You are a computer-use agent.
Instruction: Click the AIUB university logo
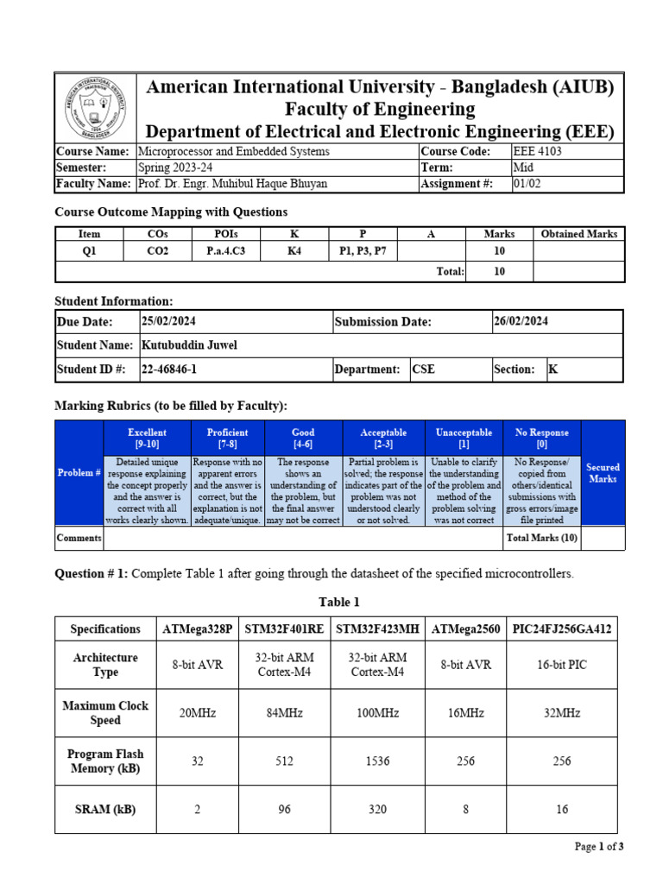[x=95, y=108]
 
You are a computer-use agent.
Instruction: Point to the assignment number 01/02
[x=526, y=184]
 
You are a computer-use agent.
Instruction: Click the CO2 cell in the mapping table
[x=158, y=251]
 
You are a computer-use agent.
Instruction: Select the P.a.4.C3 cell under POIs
[x=226, y=251]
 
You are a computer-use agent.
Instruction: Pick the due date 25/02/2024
[x=170, y=322]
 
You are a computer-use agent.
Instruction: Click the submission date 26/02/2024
[x=521, y=322]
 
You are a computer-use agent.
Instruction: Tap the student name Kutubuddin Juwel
[x=189, y=345]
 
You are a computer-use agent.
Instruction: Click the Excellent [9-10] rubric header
[x=147, y=438]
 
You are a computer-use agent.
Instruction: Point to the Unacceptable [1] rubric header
[x=464, y=438]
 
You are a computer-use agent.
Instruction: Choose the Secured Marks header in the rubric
[x=603, y=473]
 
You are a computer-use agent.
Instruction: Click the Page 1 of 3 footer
[x=598, y=847]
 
